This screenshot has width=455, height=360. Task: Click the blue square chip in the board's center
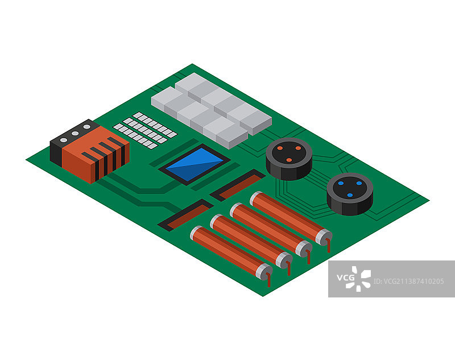click(195, 164)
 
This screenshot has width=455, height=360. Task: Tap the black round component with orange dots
click(289, 159)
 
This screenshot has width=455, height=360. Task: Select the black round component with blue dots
click(350, 194)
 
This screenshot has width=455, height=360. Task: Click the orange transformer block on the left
click(96, 155)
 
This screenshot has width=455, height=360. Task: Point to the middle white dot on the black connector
click(75, 134)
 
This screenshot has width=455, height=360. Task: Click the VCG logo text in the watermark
click(346, 278)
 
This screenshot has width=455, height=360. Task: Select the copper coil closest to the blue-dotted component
click(291, 218)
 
